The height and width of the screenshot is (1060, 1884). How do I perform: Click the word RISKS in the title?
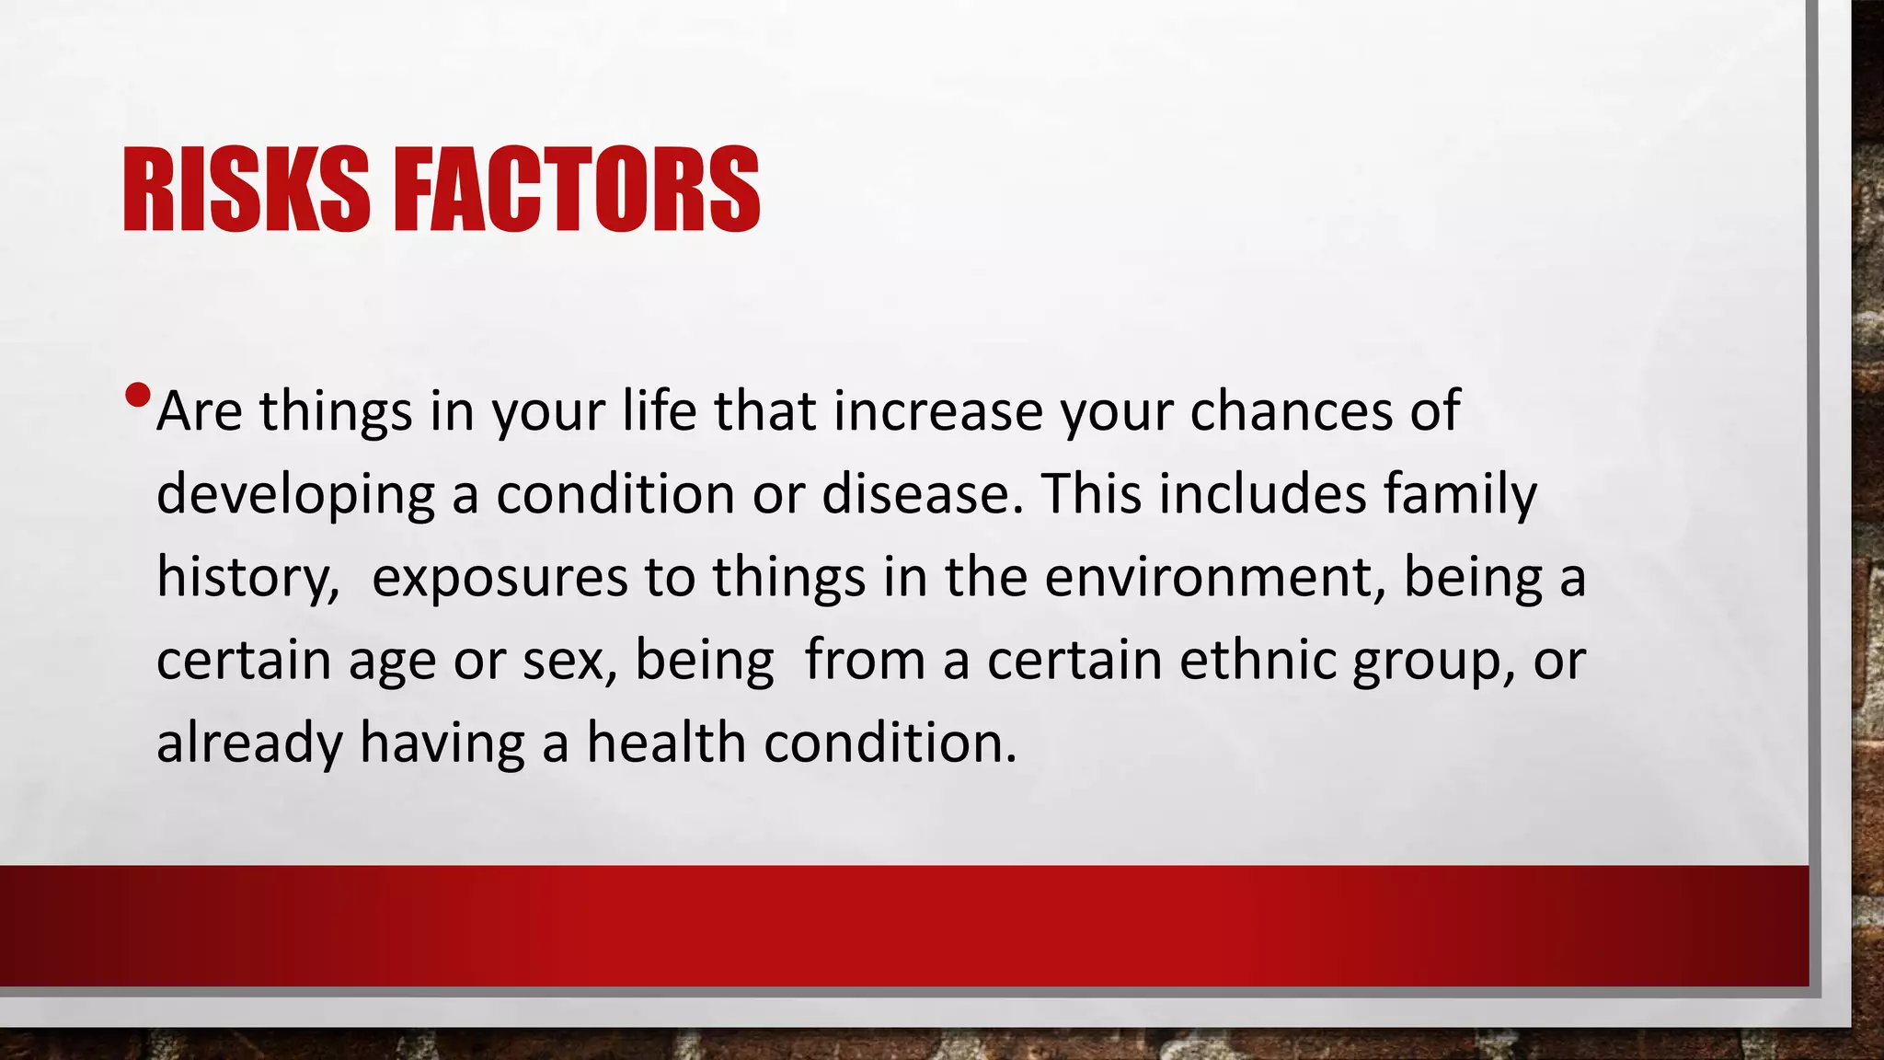tap(246, 190)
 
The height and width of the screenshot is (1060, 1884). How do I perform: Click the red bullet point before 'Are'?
tap(137, 396)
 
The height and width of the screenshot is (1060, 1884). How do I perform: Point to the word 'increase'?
tap(937, 410)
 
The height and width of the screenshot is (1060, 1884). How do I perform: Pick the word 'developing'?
tap(295, 495)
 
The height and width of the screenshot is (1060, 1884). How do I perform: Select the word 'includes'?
tap(1262, 493)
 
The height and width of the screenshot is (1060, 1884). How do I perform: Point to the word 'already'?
tap(249, 743)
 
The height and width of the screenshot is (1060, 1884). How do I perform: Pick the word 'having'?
tap(442, 743)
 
